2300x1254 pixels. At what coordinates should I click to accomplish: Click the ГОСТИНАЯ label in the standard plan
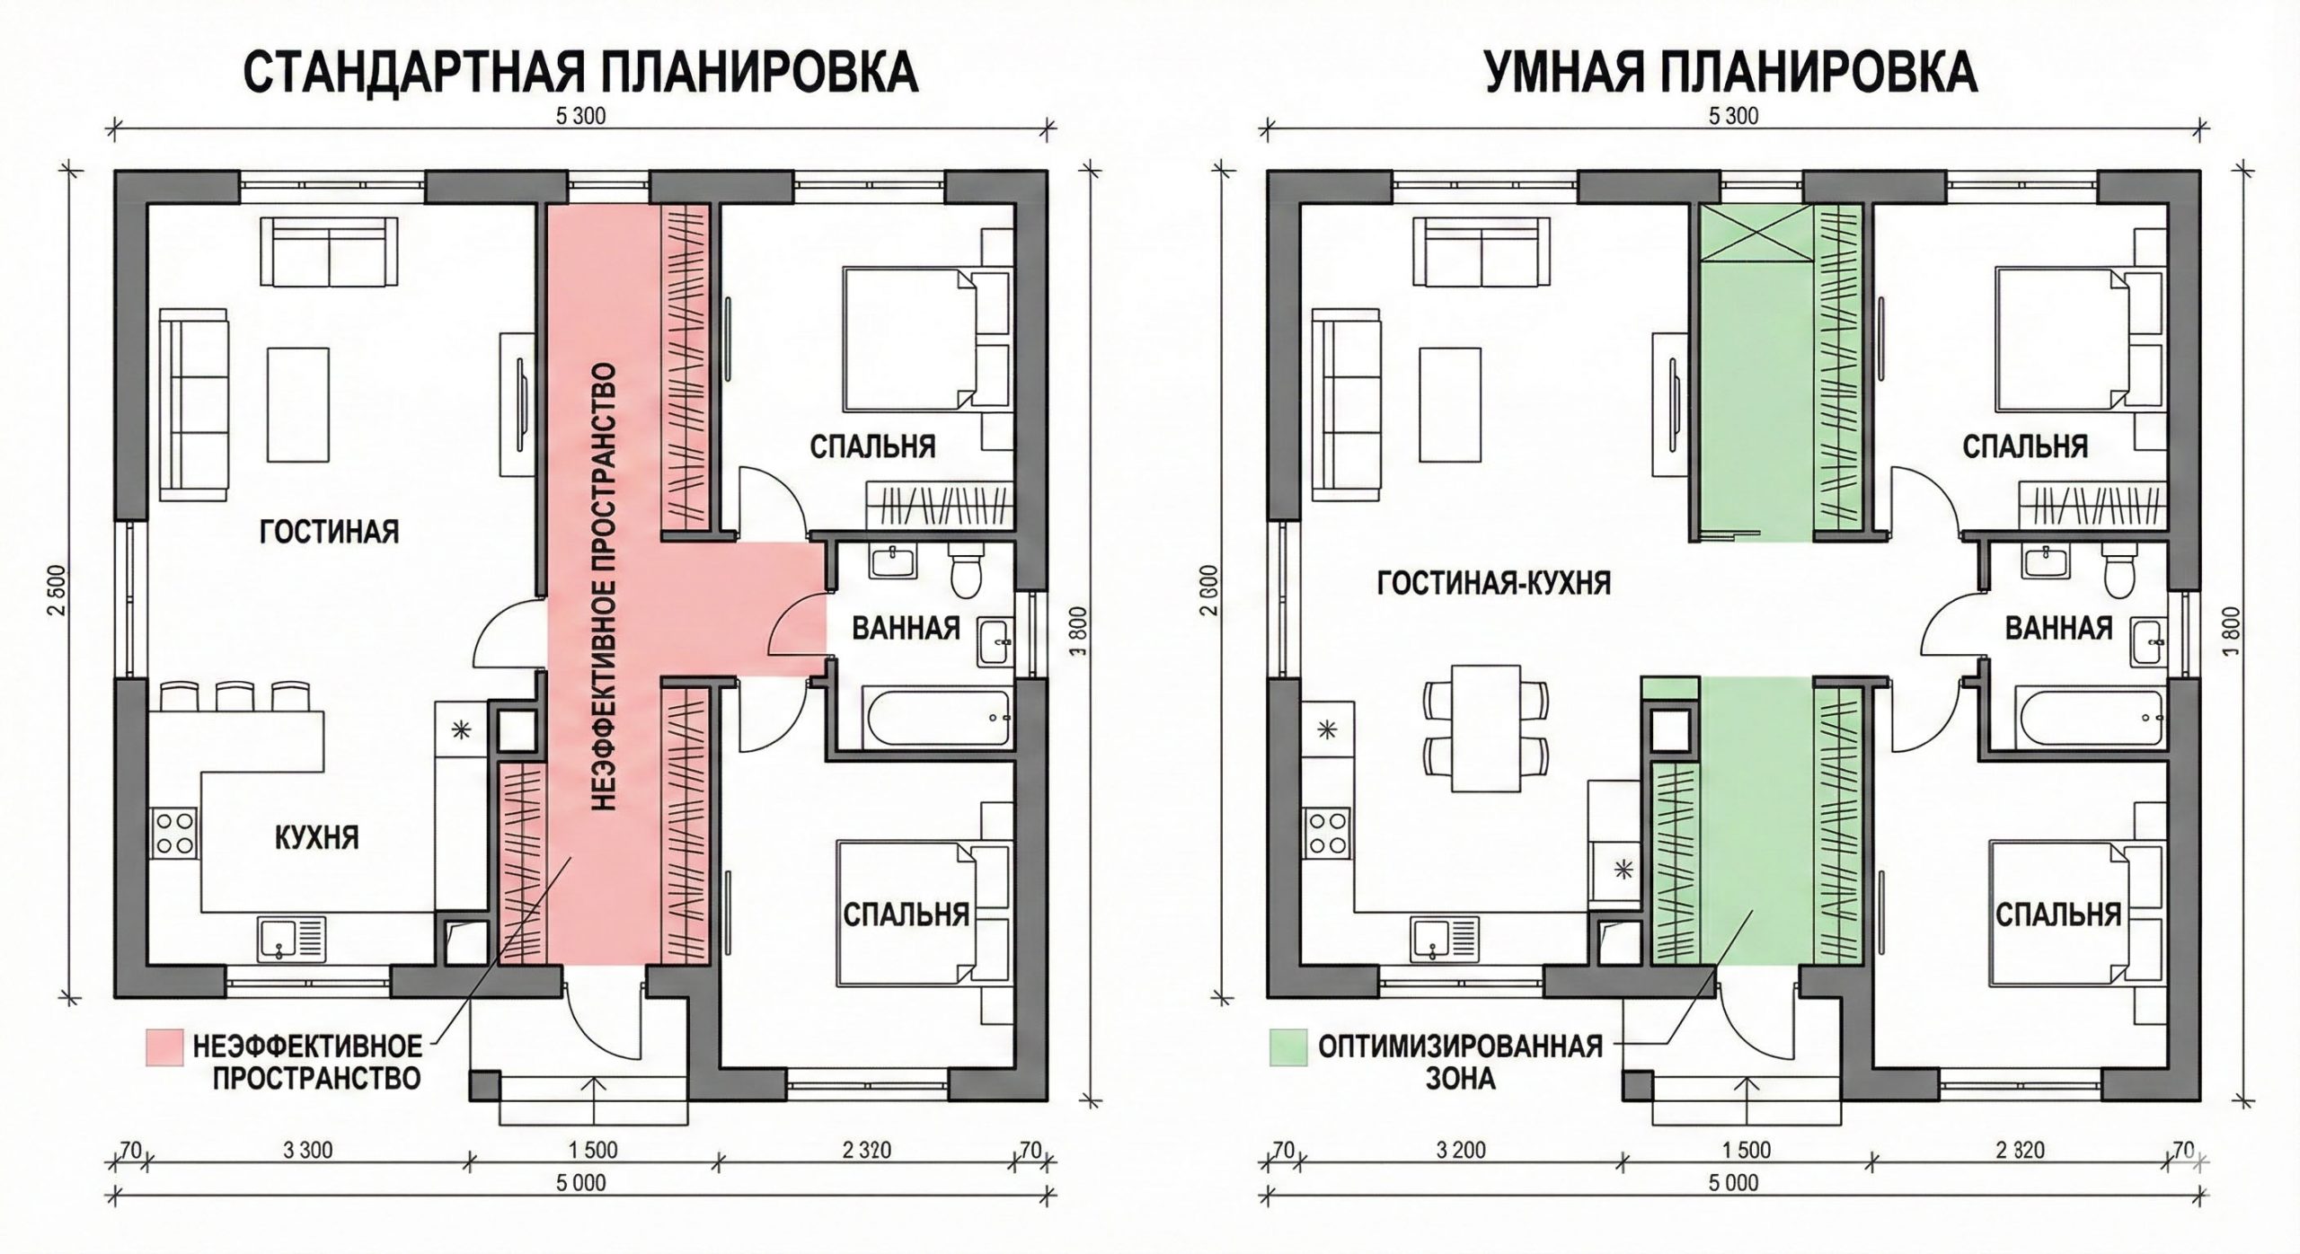329,533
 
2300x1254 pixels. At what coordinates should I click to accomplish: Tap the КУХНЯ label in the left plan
315,838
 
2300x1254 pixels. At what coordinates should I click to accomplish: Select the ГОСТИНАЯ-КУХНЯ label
1494,584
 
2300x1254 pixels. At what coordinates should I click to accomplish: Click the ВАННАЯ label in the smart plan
2058,628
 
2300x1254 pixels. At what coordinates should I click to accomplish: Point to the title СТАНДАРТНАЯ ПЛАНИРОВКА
581,73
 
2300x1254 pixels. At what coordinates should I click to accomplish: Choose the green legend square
1287,1047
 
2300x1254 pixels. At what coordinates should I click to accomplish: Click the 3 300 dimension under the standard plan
308,1150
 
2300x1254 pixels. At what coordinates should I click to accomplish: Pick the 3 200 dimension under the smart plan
1461,1150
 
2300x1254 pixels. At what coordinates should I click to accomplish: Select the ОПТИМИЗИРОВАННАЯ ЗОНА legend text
1461,1062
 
